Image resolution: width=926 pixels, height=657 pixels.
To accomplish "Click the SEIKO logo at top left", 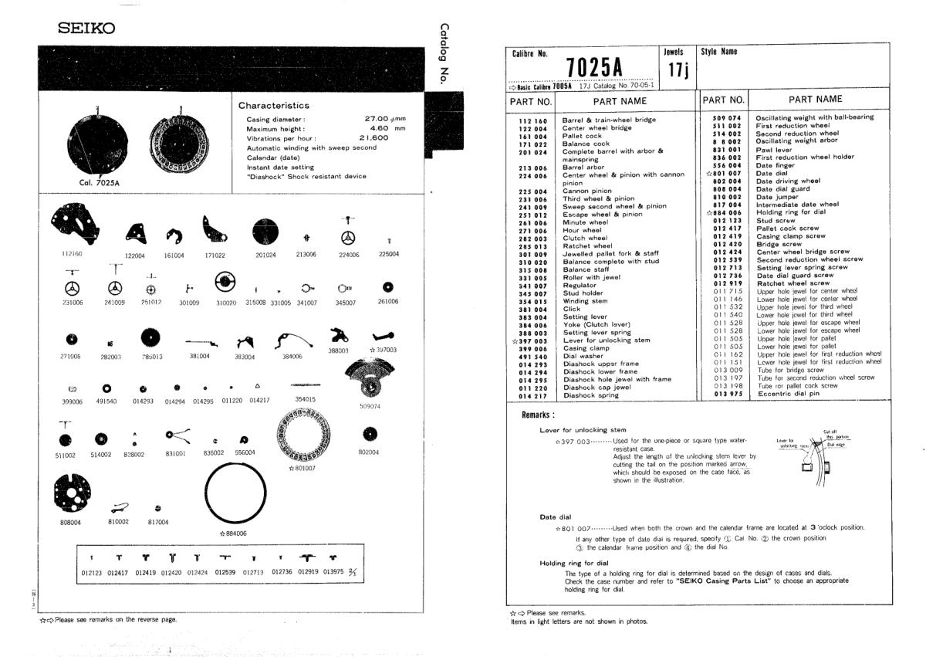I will (86, 29).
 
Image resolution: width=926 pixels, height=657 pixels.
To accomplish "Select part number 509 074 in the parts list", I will (728, 117).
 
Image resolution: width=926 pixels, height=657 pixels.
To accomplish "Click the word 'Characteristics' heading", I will (274, 106).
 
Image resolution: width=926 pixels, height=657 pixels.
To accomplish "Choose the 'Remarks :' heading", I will (539, 414).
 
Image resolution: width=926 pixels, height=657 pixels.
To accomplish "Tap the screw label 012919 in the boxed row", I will (310, 572).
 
